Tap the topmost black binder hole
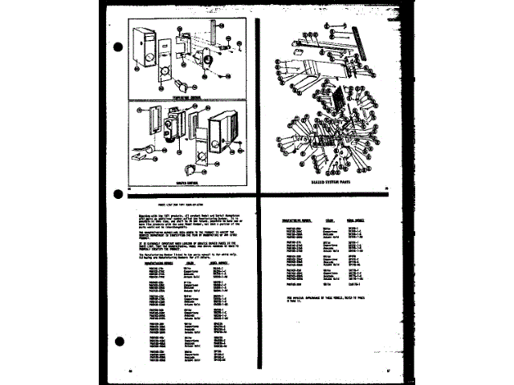pyautogui.click(x=118, y=46)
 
